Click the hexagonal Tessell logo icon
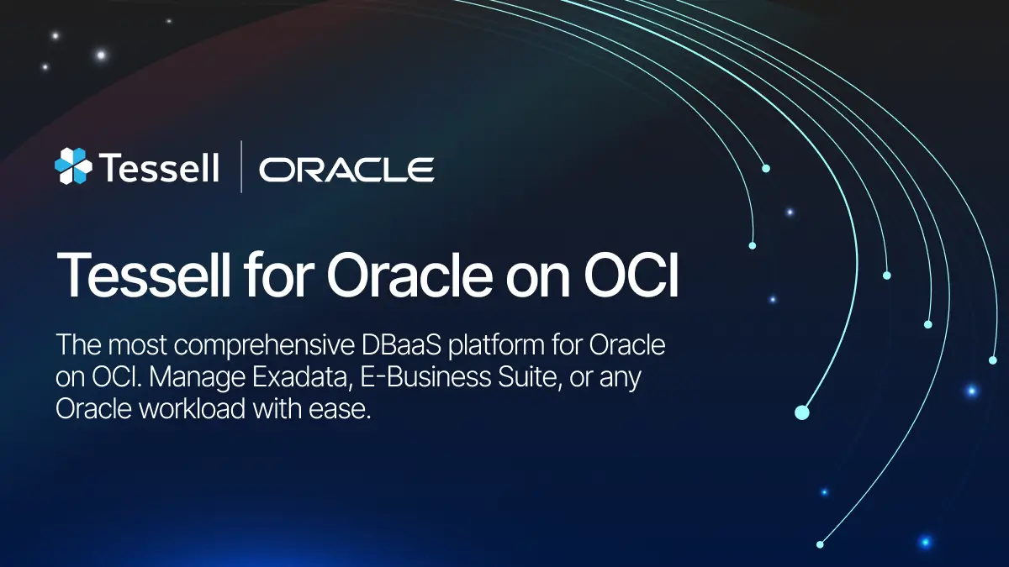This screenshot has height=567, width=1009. coord(72,166)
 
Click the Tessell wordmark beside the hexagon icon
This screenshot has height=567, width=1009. coord(159,167)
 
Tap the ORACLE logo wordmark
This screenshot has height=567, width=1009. coord(346,169)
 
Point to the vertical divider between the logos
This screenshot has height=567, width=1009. coord(241,167)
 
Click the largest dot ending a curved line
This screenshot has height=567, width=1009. coord(801,412)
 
